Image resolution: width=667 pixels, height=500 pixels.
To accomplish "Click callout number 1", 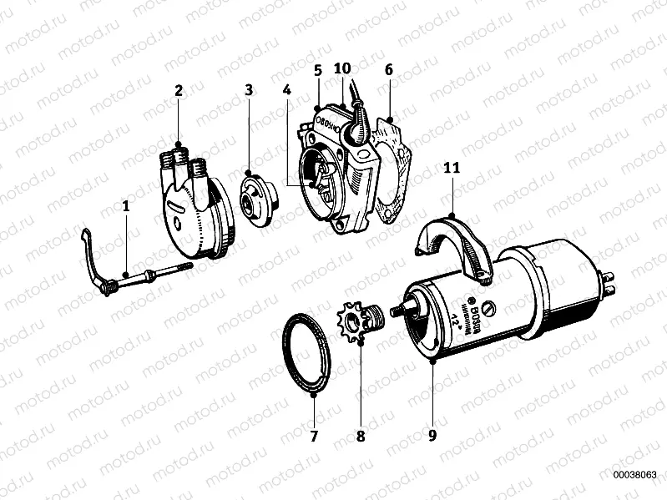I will click(x=126, y=203).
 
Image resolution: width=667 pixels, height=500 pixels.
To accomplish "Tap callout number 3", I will click(x=248, y=89).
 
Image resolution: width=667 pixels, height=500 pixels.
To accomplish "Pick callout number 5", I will click(x=318, y=70).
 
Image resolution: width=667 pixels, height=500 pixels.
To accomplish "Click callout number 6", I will click(x=388, y=70).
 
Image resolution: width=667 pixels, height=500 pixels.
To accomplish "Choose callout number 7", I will click(x=314, y=435).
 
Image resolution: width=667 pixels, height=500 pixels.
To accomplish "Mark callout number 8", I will click(x=361, y=435).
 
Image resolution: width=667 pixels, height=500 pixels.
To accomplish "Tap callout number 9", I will click(x=432, y=435).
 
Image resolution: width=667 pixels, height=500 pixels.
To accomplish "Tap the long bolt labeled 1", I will click(x=142, y=275).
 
